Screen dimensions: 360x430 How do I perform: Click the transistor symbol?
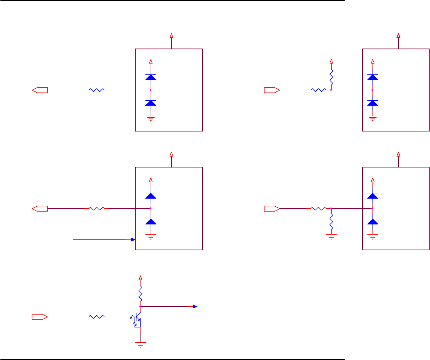pos(137,318)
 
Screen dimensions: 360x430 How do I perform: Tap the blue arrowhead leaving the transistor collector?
pos(195,306)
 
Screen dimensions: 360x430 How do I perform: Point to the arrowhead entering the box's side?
pos(133,239)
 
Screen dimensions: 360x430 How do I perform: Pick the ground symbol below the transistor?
pos(140,345)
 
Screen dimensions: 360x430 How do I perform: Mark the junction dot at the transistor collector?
pos(140,306)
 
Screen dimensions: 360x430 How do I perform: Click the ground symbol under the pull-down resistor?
pos(332,235)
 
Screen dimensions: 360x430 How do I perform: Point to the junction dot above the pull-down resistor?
pos(331,208)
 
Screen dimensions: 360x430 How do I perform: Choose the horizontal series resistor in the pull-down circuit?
pos(318,208)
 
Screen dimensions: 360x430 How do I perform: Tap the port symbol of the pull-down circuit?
pos(272,208)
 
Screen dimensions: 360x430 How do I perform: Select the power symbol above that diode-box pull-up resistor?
pos(332,61)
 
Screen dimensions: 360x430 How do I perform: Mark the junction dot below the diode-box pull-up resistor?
pos(331,90)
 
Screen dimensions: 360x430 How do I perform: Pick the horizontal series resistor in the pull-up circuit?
pos(318,90)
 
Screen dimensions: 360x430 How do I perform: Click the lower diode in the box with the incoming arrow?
pos(151,221)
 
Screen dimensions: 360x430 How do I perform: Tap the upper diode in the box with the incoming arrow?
pos(151,195)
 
